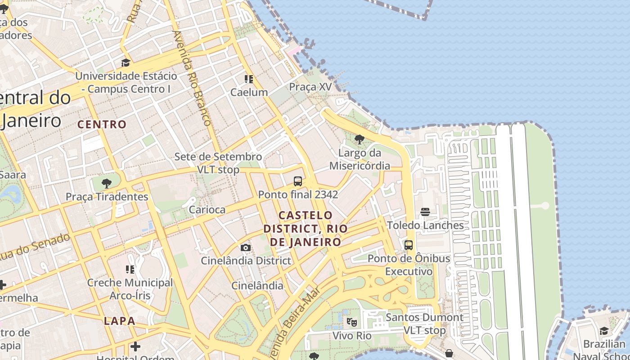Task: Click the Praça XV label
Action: tap(310, 87)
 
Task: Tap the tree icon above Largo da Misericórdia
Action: tap(359, 139)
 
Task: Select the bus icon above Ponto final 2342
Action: tap(298, 181)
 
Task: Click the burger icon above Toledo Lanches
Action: tap(425, 211)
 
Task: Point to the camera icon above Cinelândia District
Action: tap(246, 247)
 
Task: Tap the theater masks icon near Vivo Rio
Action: tap(352, 322)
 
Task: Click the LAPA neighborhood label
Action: tap(119, 321)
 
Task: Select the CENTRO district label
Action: tap(102, 124)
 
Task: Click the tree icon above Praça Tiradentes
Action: tap(107, 184)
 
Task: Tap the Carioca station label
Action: tap(207, 210)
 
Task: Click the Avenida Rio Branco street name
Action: tap(192, 78)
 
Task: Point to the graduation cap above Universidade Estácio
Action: tap(126, 63)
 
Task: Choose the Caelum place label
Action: tap(249, 92)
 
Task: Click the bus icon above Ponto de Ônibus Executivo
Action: tap(409, 245)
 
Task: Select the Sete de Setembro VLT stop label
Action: tap(218, 163)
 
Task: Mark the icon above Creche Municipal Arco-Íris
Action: tap(130, 270)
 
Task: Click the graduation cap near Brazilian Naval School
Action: tap(604, 331)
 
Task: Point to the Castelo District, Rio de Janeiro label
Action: tap(306, 229)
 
